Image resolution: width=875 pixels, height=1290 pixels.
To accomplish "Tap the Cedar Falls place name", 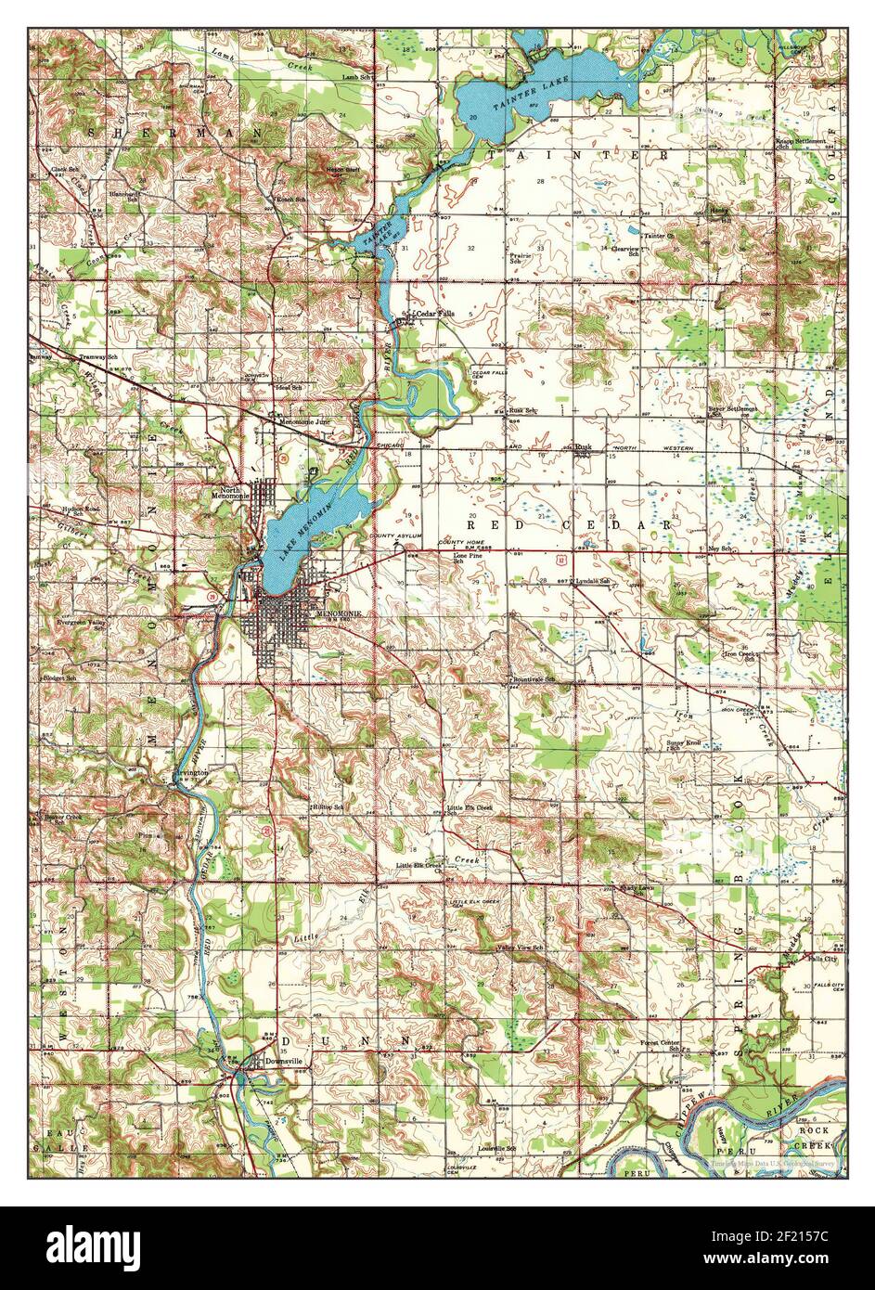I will [x=435, y=315].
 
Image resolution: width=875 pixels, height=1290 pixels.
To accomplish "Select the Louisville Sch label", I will [x=496, y=1148].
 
